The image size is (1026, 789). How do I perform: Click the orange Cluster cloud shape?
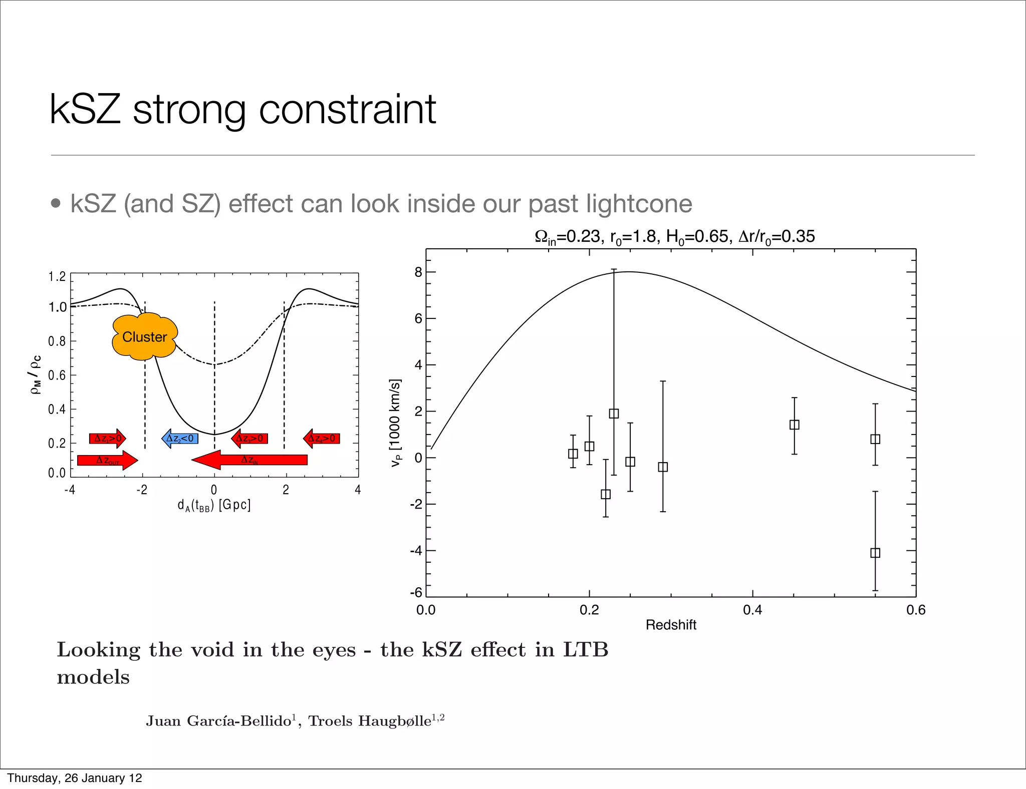pos(144,336)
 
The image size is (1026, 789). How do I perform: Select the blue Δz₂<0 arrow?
pos(180,439)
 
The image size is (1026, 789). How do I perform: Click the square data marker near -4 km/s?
pos(875,553)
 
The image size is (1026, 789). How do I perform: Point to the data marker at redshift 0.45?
pos(794,425)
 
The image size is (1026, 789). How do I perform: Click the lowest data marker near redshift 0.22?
pos(606,494)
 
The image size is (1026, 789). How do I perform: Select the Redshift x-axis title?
pos(671,625)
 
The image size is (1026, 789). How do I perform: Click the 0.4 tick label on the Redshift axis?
pos(752,610)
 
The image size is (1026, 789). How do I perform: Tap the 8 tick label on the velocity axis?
pos(418,272)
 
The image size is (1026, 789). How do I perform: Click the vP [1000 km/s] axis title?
pos(395,423)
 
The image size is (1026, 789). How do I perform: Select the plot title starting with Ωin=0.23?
pos(674,236)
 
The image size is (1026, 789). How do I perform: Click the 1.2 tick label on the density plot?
pos(57,277)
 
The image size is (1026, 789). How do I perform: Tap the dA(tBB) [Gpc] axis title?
pos(214,505)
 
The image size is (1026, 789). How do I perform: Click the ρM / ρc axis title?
pos(36,374)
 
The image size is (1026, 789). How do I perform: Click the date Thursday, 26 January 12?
pos(75,778)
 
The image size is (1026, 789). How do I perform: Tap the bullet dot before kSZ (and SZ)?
pos(56,203)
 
